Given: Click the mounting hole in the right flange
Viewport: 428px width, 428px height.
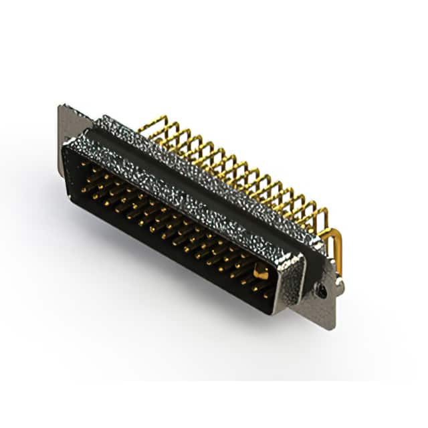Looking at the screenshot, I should (x=322, y=291).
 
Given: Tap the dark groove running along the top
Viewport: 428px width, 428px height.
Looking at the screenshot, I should (x=201, y=167).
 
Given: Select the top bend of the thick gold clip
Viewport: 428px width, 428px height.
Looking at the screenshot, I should (x=332, y=230).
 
